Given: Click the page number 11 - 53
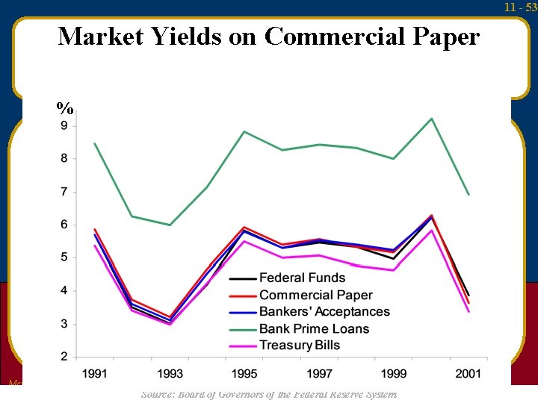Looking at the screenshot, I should tap(521, 7).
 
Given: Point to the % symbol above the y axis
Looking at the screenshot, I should tap(65, 107).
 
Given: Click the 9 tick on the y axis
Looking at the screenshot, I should tap(64, 125).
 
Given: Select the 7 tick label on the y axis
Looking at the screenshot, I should tap(64, 192).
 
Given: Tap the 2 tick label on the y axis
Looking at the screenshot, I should tap(64, 357).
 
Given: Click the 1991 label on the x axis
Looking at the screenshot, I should tap(95, 373).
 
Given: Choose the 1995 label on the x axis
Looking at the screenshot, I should tap(244, 373).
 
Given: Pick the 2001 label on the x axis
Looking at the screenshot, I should tap(469, 373).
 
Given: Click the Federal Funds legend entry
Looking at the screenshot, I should tap(302, 278).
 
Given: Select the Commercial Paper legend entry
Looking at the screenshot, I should tap(315, 296).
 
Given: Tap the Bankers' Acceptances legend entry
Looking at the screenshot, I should tap(324, 312).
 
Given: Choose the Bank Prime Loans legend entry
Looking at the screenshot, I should tap(314, 329).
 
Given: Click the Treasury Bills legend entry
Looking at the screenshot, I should tap(299, 346).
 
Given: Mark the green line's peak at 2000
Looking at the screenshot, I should tap(431, 119).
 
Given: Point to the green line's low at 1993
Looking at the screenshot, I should tap(170, 225).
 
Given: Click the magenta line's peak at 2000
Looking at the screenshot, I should tap(431, 230).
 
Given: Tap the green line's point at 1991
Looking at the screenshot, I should tap(95, 143).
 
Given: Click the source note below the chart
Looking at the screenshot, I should tap(269, 394).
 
